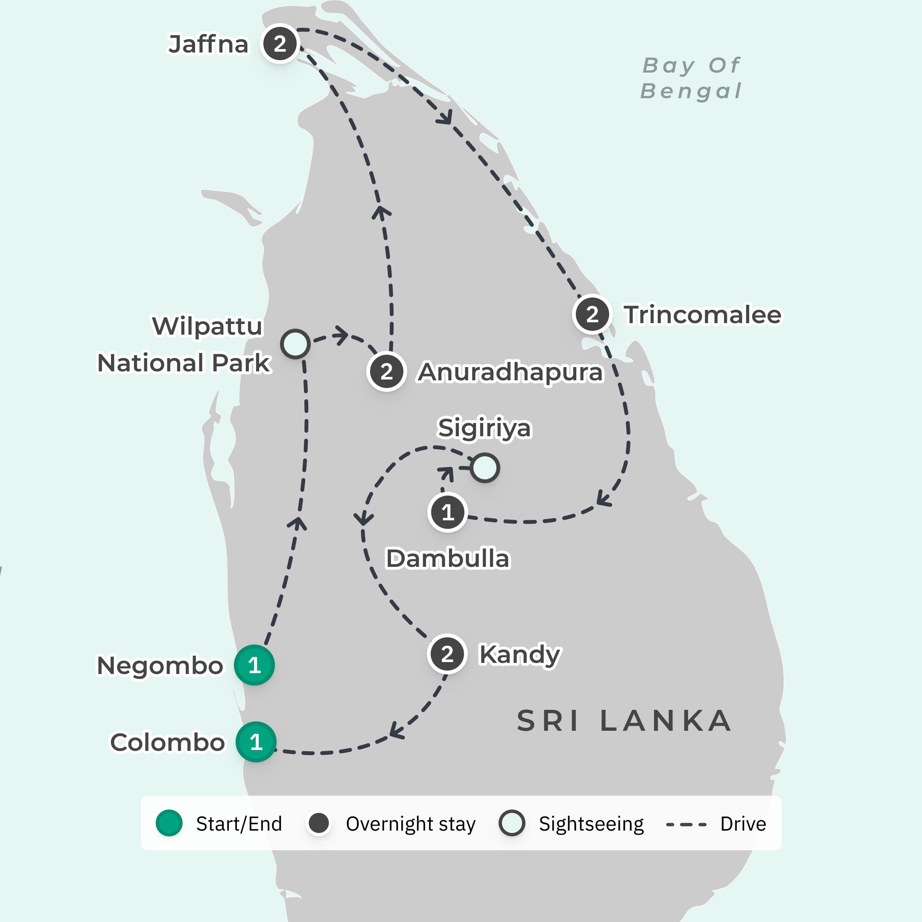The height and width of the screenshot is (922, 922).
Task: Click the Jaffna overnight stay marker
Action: pyautogui.click(x=280, y=44)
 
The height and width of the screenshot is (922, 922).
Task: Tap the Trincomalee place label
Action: pyautogui.click(x=703, y=315)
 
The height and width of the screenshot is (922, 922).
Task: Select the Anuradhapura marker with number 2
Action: pyautogui.click(x=387, y=372)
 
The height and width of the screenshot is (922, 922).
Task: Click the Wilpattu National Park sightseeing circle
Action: pyautogui.click(x=295, y=344)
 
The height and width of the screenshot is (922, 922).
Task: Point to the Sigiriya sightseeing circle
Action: pyautogui.click(x=485, y=468)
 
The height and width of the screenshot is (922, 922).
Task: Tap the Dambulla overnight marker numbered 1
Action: pyautogui.click(x=448, y=513)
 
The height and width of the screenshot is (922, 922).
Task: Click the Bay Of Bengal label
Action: pyautogui.click(x=691, y=78)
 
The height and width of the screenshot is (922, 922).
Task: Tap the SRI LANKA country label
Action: pyautogui.click(x=624, y=721)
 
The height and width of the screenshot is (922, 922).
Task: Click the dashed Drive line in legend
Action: pyautogui.click(x=686, y=824)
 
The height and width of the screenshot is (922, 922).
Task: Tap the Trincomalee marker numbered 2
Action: pyautogui.click(x=592, y=315)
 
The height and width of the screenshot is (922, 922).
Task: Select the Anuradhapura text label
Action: pyautogui.click(x=510, y=372)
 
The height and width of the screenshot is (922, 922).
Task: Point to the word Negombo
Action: pyautogui.click(x=160, y=666)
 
